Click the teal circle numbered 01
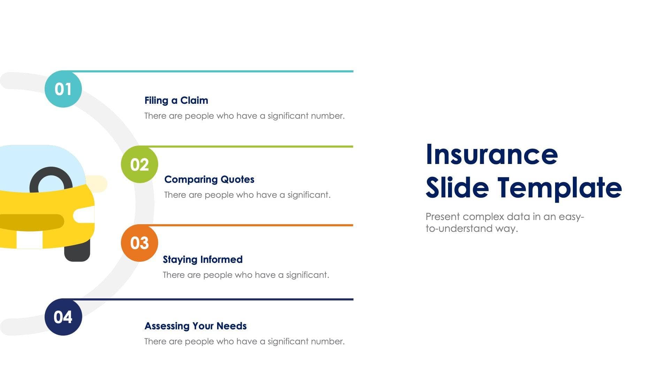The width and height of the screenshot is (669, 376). pos(63,89)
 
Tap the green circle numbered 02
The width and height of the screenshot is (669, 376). pos(139,164)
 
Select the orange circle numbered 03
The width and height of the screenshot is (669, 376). pos(139,243)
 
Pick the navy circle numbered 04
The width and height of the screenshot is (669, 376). pos(63,317)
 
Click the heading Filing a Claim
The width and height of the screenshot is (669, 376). pos(176,100)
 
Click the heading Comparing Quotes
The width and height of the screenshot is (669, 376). pos(209,179)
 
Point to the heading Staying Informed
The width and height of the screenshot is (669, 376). pos(202,259)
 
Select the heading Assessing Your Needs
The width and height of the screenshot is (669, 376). pos(195,326)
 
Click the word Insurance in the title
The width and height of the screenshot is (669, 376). pos(492,154)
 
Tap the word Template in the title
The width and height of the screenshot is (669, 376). pos(559,188)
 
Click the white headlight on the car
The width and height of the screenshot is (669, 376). pos(84,215)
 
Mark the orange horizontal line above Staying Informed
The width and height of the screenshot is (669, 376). pos(254,225)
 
